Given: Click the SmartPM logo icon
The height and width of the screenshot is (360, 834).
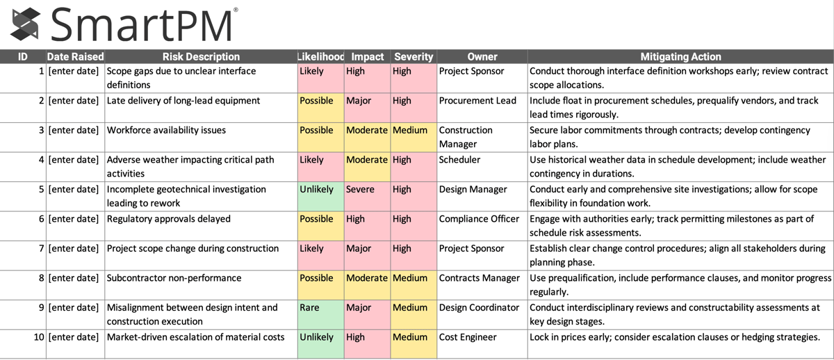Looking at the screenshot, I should [x=26, y=24].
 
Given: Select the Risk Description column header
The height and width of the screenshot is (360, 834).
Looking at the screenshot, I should [x=200, y=56].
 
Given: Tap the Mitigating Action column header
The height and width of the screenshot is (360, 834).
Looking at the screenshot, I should [x=680, y=56].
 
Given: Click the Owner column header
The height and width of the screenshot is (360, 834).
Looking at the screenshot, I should [x=482, y=56].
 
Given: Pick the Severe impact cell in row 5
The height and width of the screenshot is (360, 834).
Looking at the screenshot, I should [x=367, y=196].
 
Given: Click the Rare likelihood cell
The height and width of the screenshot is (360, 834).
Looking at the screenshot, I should [x=320, y=314].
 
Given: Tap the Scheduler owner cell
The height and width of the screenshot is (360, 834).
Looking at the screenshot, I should [x=482, y=167].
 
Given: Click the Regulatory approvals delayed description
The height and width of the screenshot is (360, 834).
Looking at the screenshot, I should [x=200, y=219].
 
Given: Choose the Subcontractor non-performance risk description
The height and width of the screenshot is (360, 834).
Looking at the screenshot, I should [x=200, y=278].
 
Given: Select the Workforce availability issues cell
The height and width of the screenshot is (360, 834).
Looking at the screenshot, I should [x=200, y=137].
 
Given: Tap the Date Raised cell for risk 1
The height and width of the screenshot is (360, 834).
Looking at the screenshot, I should [x=74, y=71].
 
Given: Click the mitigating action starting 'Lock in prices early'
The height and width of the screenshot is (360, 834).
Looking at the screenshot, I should [x=680, y=337].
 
